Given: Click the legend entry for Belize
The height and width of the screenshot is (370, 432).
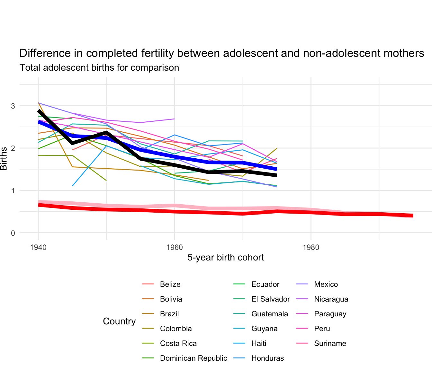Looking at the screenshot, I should tap(170, 284).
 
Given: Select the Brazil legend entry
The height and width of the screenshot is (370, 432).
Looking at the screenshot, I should tap(169, 314).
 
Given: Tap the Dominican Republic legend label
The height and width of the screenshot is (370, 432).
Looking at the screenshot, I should tap(193, 358).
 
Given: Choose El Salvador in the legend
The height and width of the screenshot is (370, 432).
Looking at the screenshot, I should tap(270, 299).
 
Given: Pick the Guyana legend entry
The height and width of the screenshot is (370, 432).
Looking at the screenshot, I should tap(264, 329).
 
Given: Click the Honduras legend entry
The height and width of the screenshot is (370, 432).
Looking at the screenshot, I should tap(267, 358).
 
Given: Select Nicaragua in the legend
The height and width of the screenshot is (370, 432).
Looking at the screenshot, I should tap(331, 299).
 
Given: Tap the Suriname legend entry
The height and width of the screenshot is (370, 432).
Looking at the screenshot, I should tap(330, 343).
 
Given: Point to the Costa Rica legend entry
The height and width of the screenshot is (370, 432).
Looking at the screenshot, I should tap(178, 343).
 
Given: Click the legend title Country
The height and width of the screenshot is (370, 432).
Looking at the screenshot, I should tap(119, 321).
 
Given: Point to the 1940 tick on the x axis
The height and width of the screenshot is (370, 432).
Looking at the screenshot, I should tap(38, 247).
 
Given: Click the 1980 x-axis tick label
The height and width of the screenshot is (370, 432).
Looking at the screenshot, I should tap(311, 247).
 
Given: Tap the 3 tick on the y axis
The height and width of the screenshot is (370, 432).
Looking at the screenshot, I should tap(13, 106).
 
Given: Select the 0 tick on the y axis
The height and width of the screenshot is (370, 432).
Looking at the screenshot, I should tap(13, 233).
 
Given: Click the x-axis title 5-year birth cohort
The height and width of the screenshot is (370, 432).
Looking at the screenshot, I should tap(226, 258).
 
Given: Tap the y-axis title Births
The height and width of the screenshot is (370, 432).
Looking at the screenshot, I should tap(4, 159).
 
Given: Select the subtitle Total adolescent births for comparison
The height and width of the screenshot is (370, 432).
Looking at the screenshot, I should tap(99, 68).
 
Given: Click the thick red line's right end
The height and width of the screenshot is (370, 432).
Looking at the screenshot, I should tap(413, 216).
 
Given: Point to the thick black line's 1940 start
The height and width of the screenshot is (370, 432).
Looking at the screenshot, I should tap(39, 111).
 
